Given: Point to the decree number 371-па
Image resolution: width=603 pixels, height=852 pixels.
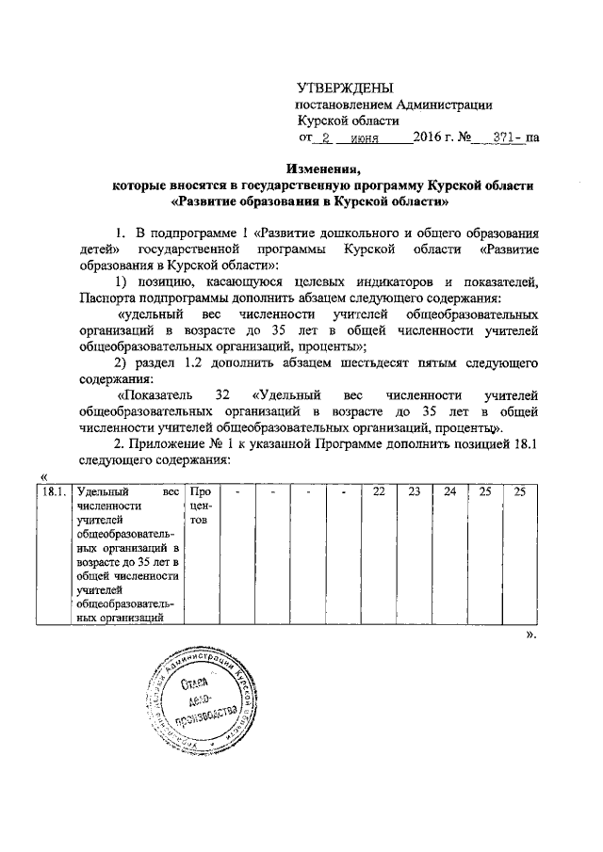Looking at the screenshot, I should tap(516, 137).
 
